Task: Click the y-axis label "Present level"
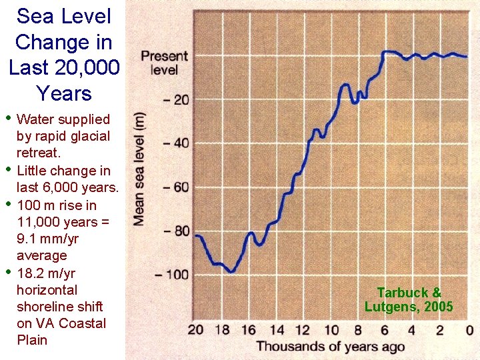tap(164, 63)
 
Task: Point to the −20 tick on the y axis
tap(176, 100)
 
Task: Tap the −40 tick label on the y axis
tap(176, 143)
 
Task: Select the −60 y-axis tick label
tap(176, 187)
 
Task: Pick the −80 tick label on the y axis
tap(176, 231)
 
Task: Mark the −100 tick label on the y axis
tap(173, 275)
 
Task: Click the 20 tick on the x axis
tap(195, 330)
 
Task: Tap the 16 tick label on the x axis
tap(249, 330)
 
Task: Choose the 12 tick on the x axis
tap(303, 330)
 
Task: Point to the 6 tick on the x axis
tap(385, 330)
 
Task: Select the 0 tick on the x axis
tap(469, 330)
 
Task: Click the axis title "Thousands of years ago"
tap(330, 346)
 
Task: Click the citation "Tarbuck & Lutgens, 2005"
tap(409, 300)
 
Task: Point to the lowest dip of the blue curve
tap(231, 271)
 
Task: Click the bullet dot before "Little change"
tap(8, 169)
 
